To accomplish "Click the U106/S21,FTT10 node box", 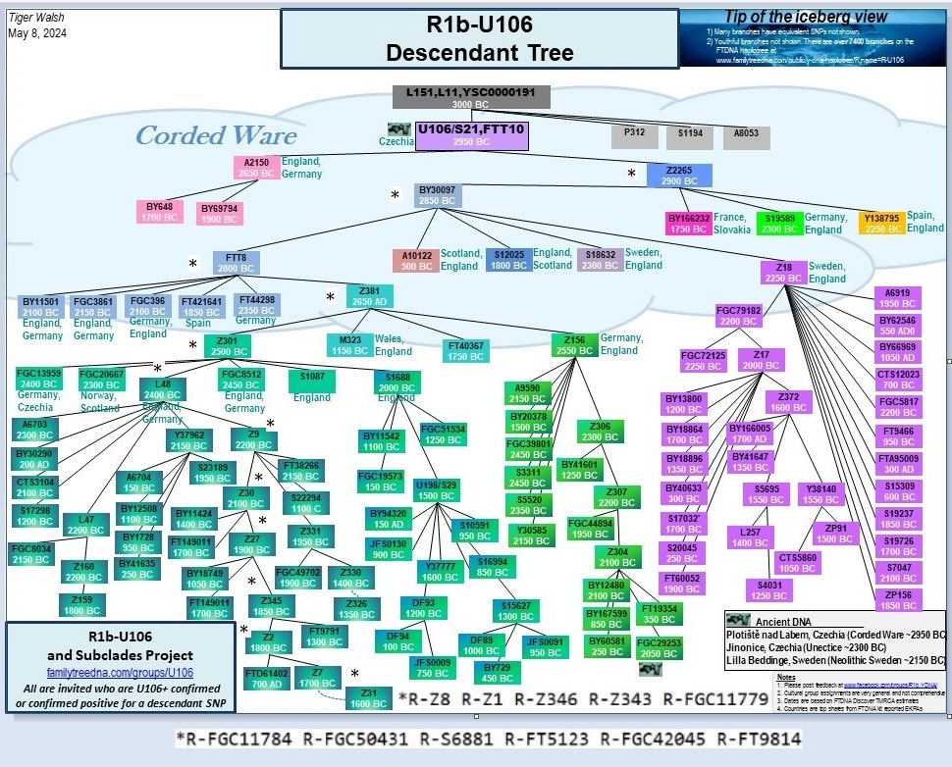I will point(472,135).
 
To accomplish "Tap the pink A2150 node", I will point(256,168).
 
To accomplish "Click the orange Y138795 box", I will point(880,223).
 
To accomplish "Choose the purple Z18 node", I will point(783,271).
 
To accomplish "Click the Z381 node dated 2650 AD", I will point(370,295).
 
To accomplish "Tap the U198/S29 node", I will point(437,490).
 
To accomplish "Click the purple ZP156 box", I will point(898,599).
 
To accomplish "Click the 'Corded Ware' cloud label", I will point(215,134).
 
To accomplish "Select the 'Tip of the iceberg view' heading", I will point(806,17).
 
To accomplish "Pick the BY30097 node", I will point(438,194).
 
